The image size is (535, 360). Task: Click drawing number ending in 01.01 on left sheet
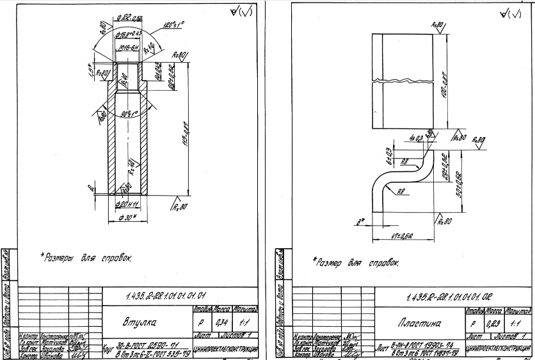point(166,295)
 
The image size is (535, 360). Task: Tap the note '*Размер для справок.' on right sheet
point(355,261)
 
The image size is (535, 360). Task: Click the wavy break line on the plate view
point(408,81)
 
